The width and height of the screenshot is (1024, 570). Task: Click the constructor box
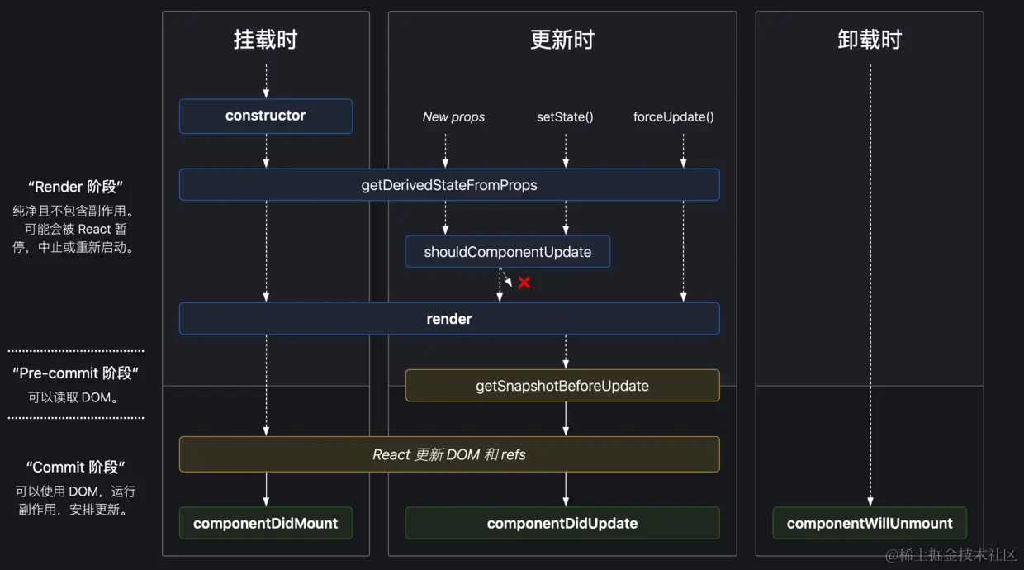(x=265, y=116)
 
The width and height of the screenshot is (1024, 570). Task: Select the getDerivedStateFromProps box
(x=449, y=185)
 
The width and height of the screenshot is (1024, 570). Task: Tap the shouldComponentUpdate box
(x=507, y=252)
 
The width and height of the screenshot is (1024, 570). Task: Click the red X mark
(x=524, y=283)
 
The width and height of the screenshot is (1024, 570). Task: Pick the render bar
(x=449, y=319)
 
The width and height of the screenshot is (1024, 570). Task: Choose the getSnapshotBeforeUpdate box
(x=562, y=386)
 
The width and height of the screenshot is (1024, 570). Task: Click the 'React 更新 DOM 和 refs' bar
(x=449, y=454)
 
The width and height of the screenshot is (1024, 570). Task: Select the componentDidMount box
(x=265, y=523)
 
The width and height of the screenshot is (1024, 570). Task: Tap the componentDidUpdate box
(x=562, y=523)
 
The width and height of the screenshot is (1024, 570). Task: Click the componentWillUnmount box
(x=869, y=523)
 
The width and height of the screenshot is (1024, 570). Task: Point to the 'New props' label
(x=453, y=117)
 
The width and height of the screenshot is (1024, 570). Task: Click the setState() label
(x=565, y=117)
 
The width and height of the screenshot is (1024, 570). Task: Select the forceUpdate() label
(x=673, y=117)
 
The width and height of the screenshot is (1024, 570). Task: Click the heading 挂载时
(x=265, y=40)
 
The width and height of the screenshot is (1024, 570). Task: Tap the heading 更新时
(x=562, y=40)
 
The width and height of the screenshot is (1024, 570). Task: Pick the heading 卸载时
(x=869, y=40)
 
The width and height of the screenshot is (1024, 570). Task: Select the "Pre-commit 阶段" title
(x=76, y=373)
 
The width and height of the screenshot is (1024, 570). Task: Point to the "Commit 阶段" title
(x=76, y=468)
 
